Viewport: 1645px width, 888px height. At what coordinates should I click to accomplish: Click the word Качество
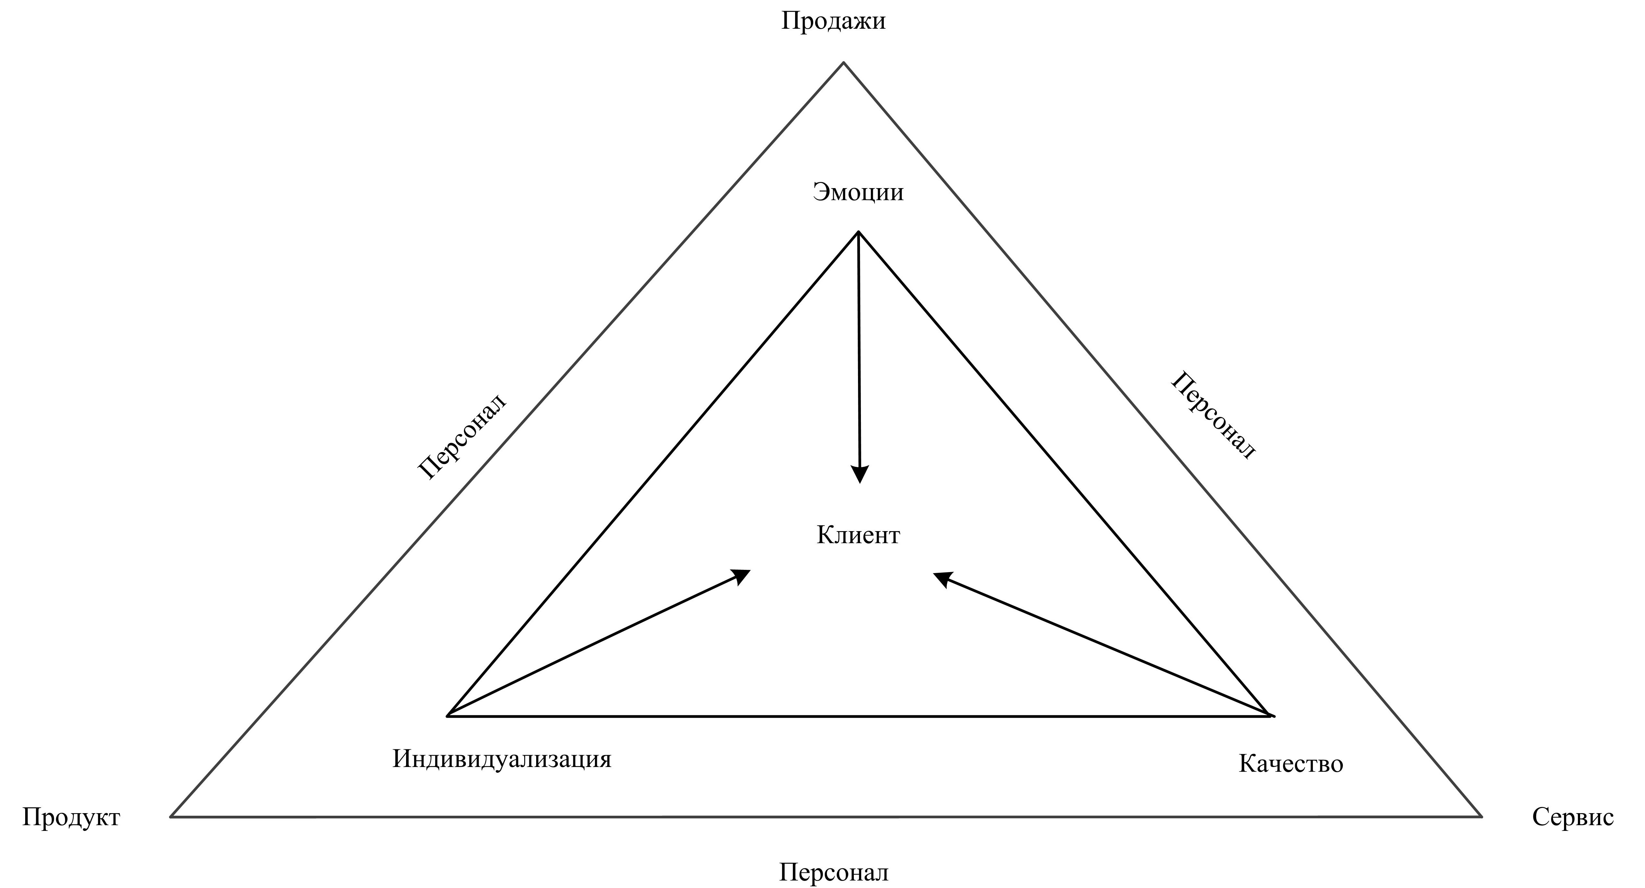[x=1291, y=763]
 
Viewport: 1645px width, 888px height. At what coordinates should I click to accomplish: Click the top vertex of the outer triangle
[x=843, y=62]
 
